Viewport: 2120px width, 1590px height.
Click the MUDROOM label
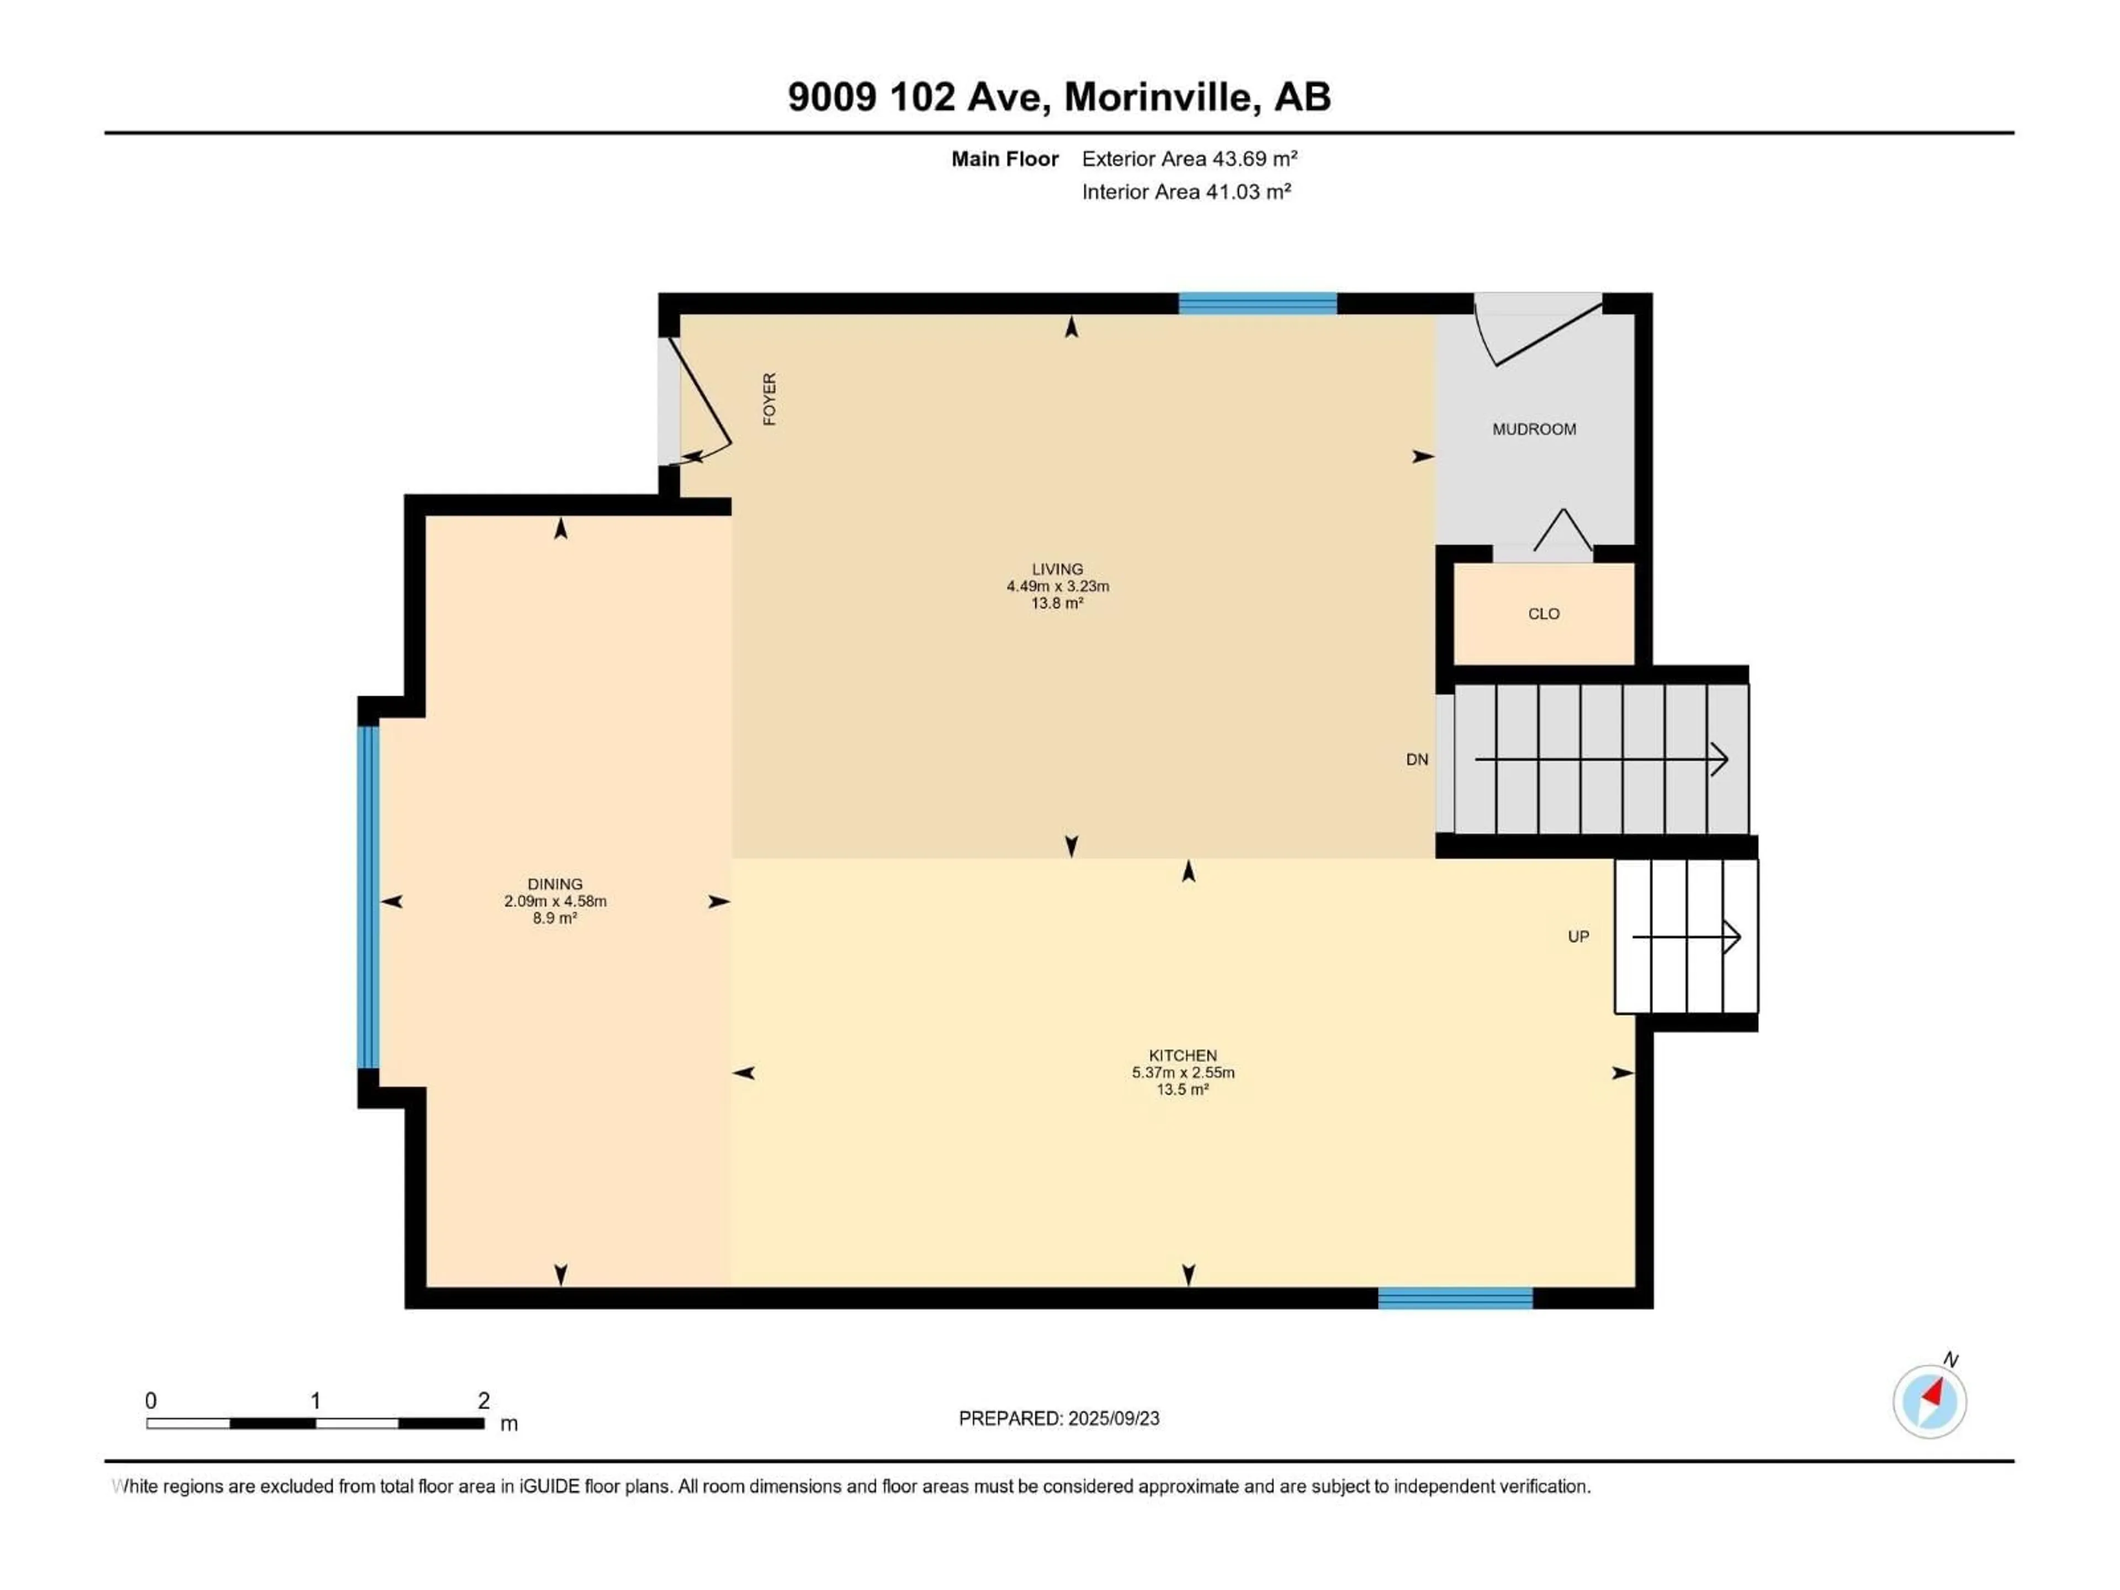click(1534, 430)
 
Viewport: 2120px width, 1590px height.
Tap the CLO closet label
click(1543, 613)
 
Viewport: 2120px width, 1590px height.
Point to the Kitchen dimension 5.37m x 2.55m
click(1183, 1073)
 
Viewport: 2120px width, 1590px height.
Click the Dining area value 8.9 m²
click(555, 918)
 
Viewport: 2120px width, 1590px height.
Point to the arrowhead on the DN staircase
click(1720, 759)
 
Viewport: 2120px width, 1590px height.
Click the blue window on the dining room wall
click(368, 897)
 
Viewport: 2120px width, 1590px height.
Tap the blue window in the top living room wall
click(1258, 304)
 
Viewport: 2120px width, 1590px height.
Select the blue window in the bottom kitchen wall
click(1455, 1298)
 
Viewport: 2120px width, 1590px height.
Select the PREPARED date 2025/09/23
click(1114, 1418)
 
